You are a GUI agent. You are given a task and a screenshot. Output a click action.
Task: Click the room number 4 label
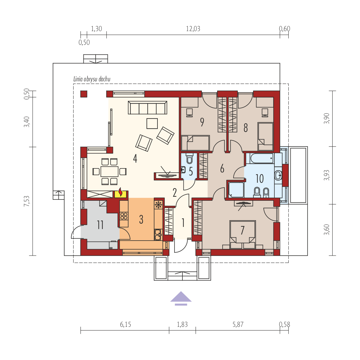pyautogui.click(x=135, y=158)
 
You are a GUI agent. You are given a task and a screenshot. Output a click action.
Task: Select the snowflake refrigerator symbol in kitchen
pyautogui.click(x=158, y=205)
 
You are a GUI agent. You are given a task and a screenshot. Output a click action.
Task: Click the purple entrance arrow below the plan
pyautogui.click(x=181, y=298)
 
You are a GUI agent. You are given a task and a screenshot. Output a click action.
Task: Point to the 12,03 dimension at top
pyautogui.click(x=193, y=29)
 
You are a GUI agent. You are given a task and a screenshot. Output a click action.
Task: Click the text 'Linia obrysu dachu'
pyautogui.click(x=92, y=79)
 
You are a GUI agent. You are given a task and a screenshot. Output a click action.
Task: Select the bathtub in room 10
pyautogui.click(x=262, y=158)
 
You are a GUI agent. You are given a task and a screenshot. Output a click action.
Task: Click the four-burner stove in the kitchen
pyautogui.click(x=124, y=216)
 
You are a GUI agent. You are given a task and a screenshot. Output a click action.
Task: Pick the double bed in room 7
pyautogui.click(x=243, y=235)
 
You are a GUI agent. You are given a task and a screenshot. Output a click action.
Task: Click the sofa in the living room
pyautogui.click(x=148, y=108)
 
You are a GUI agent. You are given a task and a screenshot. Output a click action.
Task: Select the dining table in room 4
pyautogui.click(x=110, y=171)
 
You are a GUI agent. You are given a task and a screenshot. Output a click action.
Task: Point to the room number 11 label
pyautogui.click(x=100, y=225)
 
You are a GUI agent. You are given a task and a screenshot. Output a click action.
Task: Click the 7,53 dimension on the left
pyautogui.click(x=27, y=201)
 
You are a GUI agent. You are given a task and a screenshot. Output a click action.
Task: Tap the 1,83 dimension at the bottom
pyautogui.click(x=182, y=325)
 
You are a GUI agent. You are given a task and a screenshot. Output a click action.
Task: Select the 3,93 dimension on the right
pyautogui.click(x=326, y=175)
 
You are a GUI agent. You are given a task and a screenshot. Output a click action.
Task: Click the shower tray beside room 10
pyautogui.click(x=236, y=190)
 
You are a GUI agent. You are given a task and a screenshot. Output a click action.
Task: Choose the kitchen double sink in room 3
pyautogui.click(x=158, y=235)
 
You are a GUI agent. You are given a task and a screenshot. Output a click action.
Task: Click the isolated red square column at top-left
pyautogui.click(x=84, y=94)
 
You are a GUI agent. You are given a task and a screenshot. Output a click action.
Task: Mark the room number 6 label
pyautogui.click(x=222, y=169)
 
